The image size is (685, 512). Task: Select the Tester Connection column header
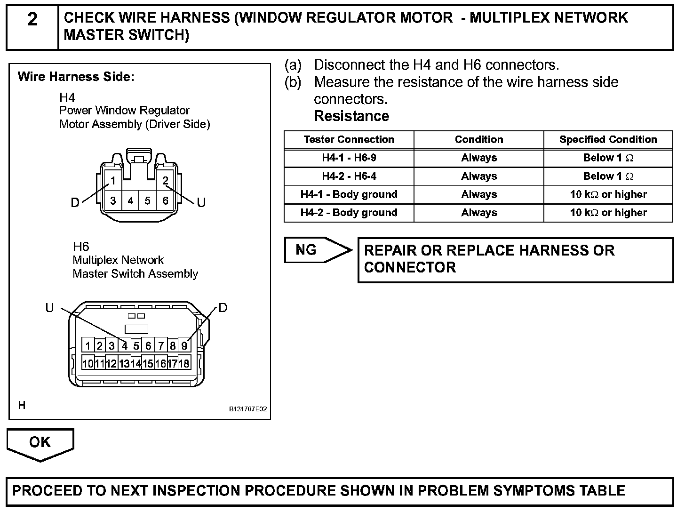click(349, 139)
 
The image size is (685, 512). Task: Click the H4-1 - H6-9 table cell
click(349, 158)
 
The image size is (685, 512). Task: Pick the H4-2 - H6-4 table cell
click(349, 176)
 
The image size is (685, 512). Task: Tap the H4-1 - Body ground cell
click(349, 194)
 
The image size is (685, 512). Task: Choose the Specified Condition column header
click(608, 139)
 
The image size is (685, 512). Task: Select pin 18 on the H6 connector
click(184, 364)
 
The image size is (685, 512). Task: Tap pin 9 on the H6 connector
click(184, 346)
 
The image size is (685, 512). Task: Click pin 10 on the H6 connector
click(88, 364)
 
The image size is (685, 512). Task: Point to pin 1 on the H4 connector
click(113, 181)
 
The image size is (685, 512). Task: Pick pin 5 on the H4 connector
click(147, 201)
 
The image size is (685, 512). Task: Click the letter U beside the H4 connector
click(201, 203)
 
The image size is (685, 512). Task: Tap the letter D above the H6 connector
click(223, 308)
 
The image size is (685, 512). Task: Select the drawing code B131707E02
click(248, 409)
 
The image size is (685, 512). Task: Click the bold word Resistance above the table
click(351, 116)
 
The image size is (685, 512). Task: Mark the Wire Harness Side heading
click(76, 77)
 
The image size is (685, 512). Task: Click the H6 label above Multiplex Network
click(81, 247)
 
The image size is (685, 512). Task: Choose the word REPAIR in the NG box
click(390, 250)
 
